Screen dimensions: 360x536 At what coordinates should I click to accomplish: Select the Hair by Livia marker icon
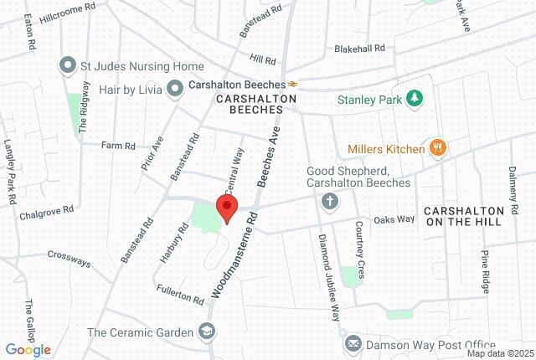175,87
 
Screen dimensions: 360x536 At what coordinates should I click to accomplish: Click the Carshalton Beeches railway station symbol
293,85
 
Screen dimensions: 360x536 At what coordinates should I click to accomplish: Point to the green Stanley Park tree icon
412,100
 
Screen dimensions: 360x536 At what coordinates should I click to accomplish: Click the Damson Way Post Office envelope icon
353,344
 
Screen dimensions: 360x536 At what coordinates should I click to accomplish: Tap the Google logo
28,350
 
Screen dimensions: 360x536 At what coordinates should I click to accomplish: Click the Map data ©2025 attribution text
499,353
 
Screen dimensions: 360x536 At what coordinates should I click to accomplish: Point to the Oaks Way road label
394,219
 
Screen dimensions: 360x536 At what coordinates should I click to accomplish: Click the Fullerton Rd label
180,294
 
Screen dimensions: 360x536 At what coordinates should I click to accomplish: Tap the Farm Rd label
117,146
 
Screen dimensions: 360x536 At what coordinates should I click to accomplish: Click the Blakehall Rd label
360,49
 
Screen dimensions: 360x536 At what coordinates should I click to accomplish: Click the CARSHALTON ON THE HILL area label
463,215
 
